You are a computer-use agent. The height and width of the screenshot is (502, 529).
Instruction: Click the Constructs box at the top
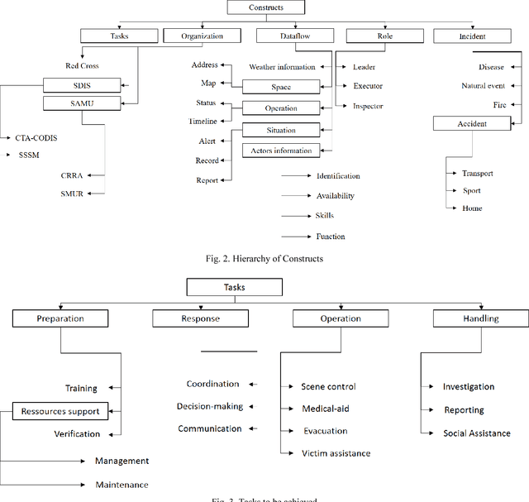click(x=265, y=7)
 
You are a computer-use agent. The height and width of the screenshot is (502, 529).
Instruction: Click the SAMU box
click(x=80, y=103)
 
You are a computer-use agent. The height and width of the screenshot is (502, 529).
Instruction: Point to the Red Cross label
click(x=83, y=66)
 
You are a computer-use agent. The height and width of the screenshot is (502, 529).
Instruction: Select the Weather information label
click(x=282, y=67)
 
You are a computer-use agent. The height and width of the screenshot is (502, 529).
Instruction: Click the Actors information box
click(x=281, y=151)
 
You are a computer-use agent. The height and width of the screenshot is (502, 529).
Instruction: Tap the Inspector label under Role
click(x=368, y=106)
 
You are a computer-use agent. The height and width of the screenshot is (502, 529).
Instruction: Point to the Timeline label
click(x=203, y=122)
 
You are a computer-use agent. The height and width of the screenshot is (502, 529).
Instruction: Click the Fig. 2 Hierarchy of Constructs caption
click(x=264, y=259)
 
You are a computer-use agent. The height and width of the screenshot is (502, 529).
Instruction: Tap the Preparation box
click(x=60, y=318)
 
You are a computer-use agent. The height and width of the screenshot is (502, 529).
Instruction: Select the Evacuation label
click(x=325, y=431)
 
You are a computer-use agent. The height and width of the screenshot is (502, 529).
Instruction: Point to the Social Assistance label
click(x=476, y=433)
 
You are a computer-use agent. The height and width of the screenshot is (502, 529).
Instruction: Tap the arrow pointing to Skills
click(x=294, y=216)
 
